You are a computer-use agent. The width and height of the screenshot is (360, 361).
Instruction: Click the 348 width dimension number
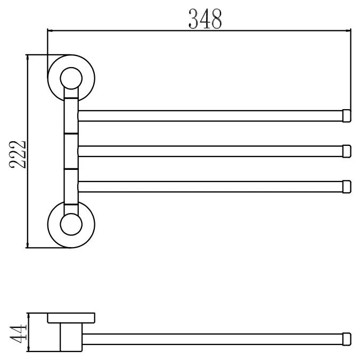pos(205,19)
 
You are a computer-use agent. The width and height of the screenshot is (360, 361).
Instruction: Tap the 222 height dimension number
pos(18,154)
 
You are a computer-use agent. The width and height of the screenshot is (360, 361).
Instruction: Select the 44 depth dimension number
pos(18,333)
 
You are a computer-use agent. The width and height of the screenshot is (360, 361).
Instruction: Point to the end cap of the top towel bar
pos(347,116)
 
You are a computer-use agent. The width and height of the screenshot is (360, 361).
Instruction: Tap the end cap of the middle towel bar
pos(347,151)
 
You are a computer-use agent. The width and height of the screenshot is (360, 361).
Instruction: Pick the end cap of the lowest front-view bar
pos(347,187)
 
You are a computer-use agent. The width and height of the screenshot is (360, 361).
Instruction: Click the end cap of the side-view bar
pos(347,339)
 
